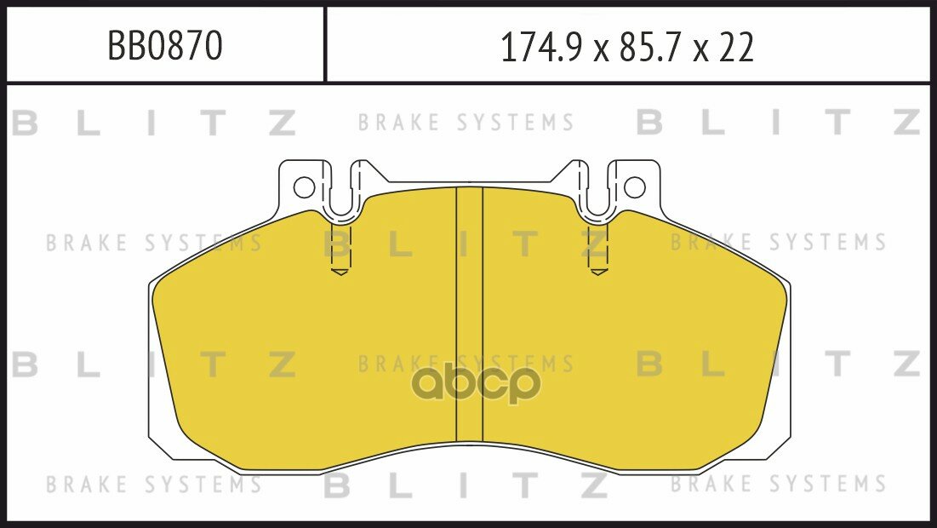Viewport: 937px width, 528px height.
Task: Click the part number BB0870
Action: [165, 45]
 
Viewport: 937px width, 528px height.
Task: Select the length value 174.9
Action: [540, 47]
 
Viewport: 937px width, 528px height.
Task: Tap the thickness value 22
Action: [736, 47]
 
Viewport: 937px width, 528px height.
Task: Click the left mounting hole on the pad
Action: [304, 187]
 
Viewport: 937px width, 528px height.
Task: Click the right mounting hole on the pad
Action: [635, 187]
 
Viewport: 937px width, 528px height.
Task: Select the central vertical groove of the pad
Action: [469, 314]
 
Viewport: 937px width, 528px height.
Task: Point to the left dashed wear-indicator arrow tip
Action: [340, 273]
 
